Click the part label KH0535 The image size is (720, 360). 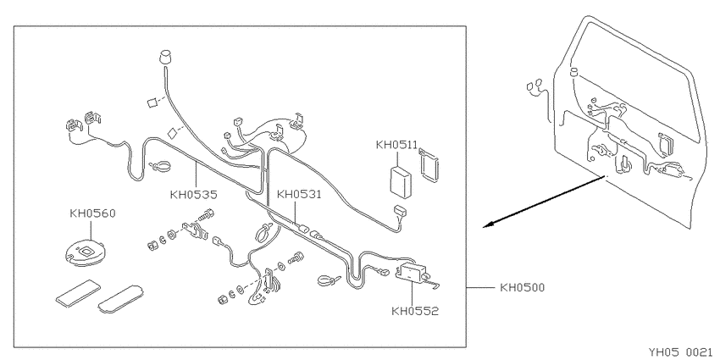coord(193,195)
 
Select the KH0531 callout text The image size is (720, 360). coord(299,195)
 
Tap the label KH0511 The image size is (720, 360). coord(396,145)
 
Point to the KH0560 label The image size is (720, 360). coord(92,213)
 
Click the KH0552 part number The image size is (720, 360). coord(415,312)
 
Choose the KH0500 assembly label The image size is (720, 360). coord(522,288)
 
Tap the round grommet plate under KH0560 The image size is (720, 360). coord(86,252)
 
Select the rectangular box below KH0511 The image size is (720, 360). coord(401,182)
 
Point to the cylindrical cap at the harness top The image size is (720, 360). coord(165,58)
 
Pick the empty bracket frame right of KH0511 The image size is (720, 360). coord(429,165)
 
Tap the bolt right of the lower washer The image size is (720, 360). coord(296,258)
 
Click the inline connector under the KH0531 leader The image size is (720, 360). coord(303,228)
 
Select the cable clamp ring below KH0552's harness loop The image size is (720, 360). coord(327,280)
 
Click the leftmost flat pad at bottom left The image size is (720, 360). coord(78,292)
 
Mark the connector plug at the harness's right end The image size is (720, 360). coord(400,212)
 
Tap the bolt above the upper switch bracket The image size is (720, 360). coord(207,214)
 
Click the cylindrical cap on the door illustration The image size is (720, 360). coord(573,71)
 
